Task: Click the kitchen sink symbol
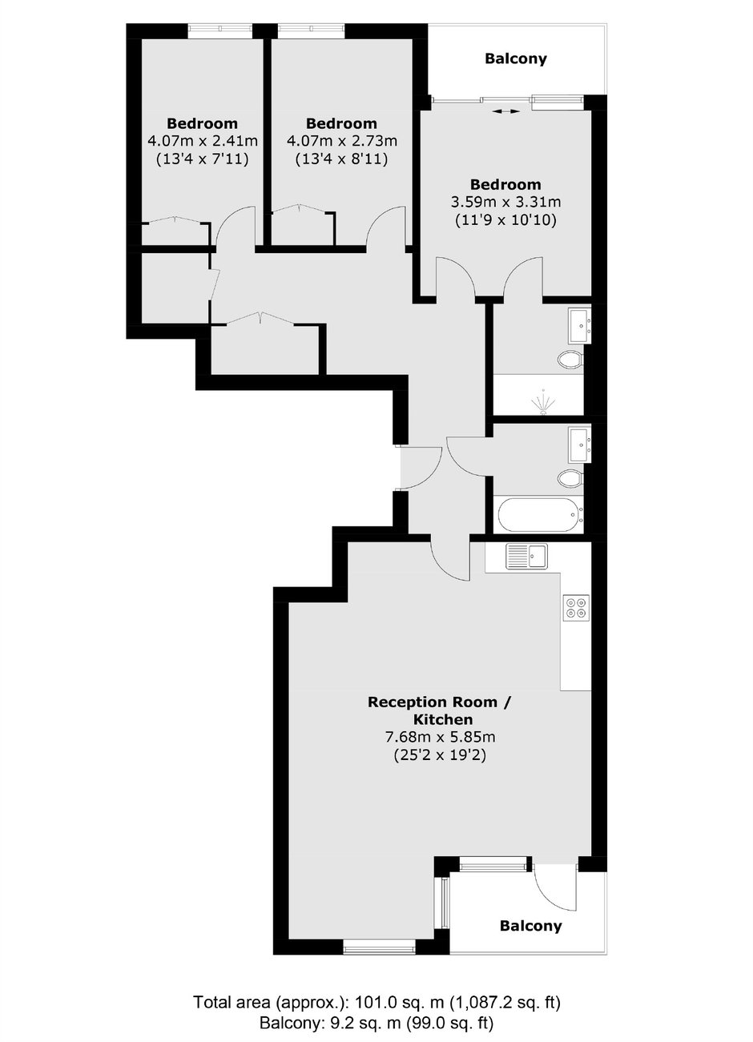[x=527, y=556]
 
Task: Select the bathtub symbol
[x=540, y=516]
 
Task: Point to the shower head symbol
[x=542, y=401]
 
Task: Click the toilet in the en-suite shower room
[x=570, y=359]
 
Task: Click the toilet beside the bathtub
[x=570, y=478]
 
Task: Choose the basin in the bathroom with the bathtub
[x=579, y=445]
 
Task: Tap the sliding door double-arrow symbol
[x=506, y=111]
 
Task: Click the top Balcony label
[x=516, y=59]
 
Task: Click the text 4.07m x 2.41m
[x=203, y=140]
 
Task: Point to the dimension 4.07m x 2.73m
[x=341, y=140]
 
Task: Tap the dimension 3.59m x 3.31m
[x=506, y=201]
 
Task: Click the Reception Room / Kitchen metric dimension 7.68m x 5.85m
[x=440, y=738]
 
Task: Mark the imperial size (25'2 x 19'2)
[x=440, y=755]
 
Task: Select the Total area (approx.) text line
[x=376, y=1001]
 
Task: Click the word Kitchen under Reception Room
[x=443, y=720]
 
